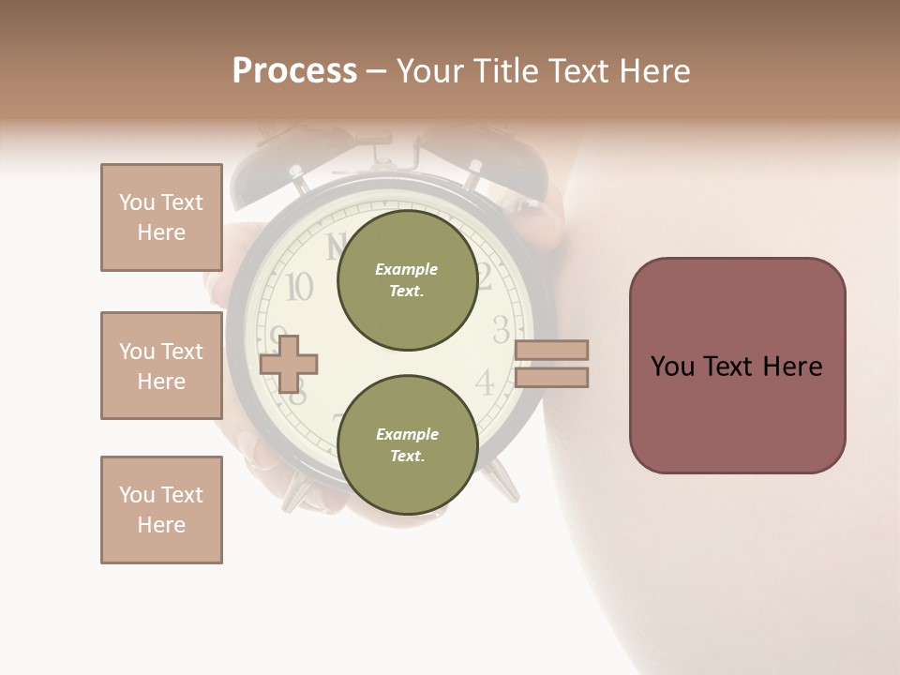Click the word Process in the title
click(x=294, y=71)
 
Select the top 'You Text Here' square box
click(x=161, y=217)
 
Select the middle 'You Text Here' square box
click(x=161, y=366)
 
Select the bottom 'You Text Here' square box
click(x=161, y=510)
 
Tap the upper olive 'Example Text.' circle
click(x=407, y=280)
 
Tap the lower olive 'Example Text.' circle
click(x=407, y=444)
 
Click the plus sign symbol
click(x=289, y=363)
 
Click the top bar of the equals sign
click(x=551, y=350)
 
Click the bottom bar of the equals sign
click(x=551, y=378)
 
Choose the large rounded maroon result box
click(x=737, y=366)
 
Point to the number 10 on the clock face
click(x=299, y=287)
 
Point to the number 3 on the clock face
click(x=502, y=330)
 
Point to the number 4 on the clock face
click(x=485, y=382)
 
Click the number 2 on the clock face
click(x=485, y=277)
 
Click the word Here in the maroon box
click(x=792, y=367)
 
